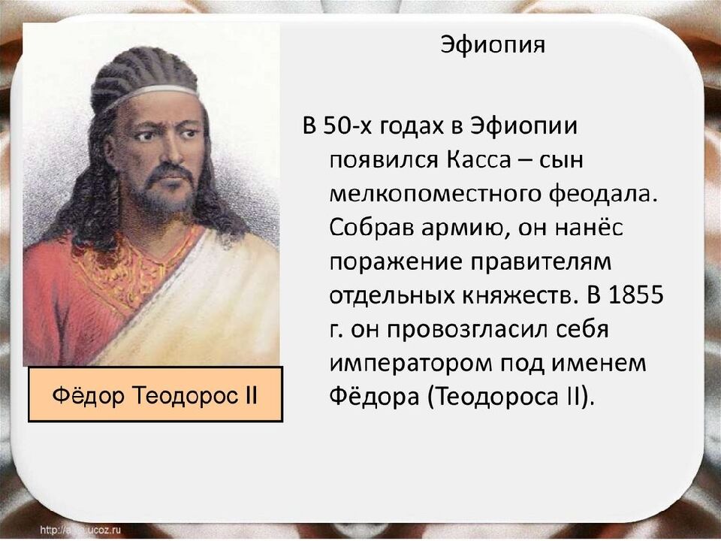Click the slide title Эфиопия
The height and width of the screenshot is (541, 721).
(x=492, y=44)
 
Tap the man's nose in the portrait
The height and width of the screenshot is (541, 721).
(x=173, y=154)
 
